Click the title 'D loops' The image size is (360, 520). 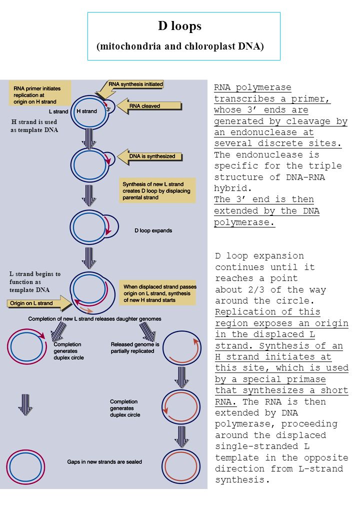[x=179, y=26]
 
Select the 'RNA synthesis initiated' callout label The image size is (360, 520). [x=135, y=84]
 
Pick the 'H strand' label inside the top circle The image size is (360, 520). [x=87, y=111]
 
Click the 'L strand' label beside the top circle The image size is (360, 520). [x=58, y=112]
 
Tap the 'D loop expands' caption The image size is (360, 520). [x=153, y=230]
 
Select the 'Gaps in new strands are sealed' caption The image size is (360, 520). [x=104, y=461]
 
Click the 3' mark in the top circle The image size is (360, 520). [x=108, y=109]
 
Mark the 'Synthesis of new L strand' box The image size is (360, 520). [x=157, y=190]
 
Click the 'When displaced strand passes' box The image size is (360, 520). [x=158, y=293]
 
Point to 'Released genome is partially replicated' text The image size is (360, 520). [x=134, y=347]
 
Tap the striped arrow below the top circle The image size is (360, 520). [x=89, y=138]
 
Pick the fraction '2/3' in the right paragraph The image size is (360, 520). [x=256, y=289]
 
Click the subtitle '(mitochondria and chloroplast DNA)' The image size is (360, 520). [x=180, y=46]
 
